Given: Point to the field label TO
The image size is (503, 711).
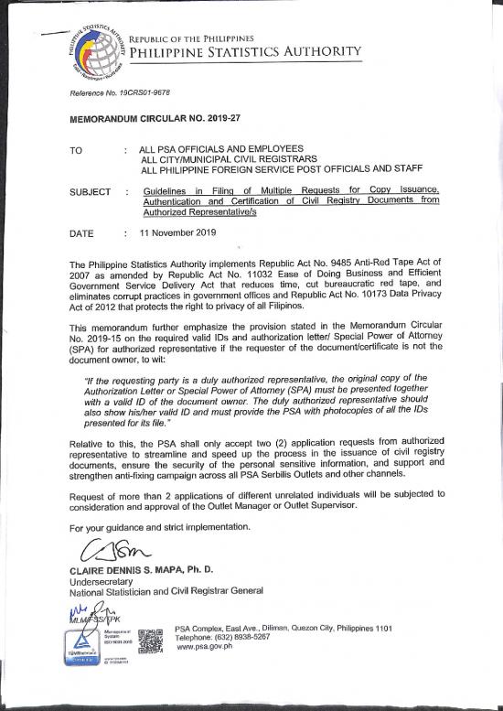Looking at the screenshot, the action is pyautogui.click(x=78, y=149).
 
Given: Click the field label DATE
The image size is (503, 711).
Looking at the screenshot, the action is pyautogui.click(x=81, y=234).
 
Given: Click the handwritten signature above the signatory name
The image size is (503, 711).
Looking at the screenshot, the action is pyautogui.click(x=110, y=552).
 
